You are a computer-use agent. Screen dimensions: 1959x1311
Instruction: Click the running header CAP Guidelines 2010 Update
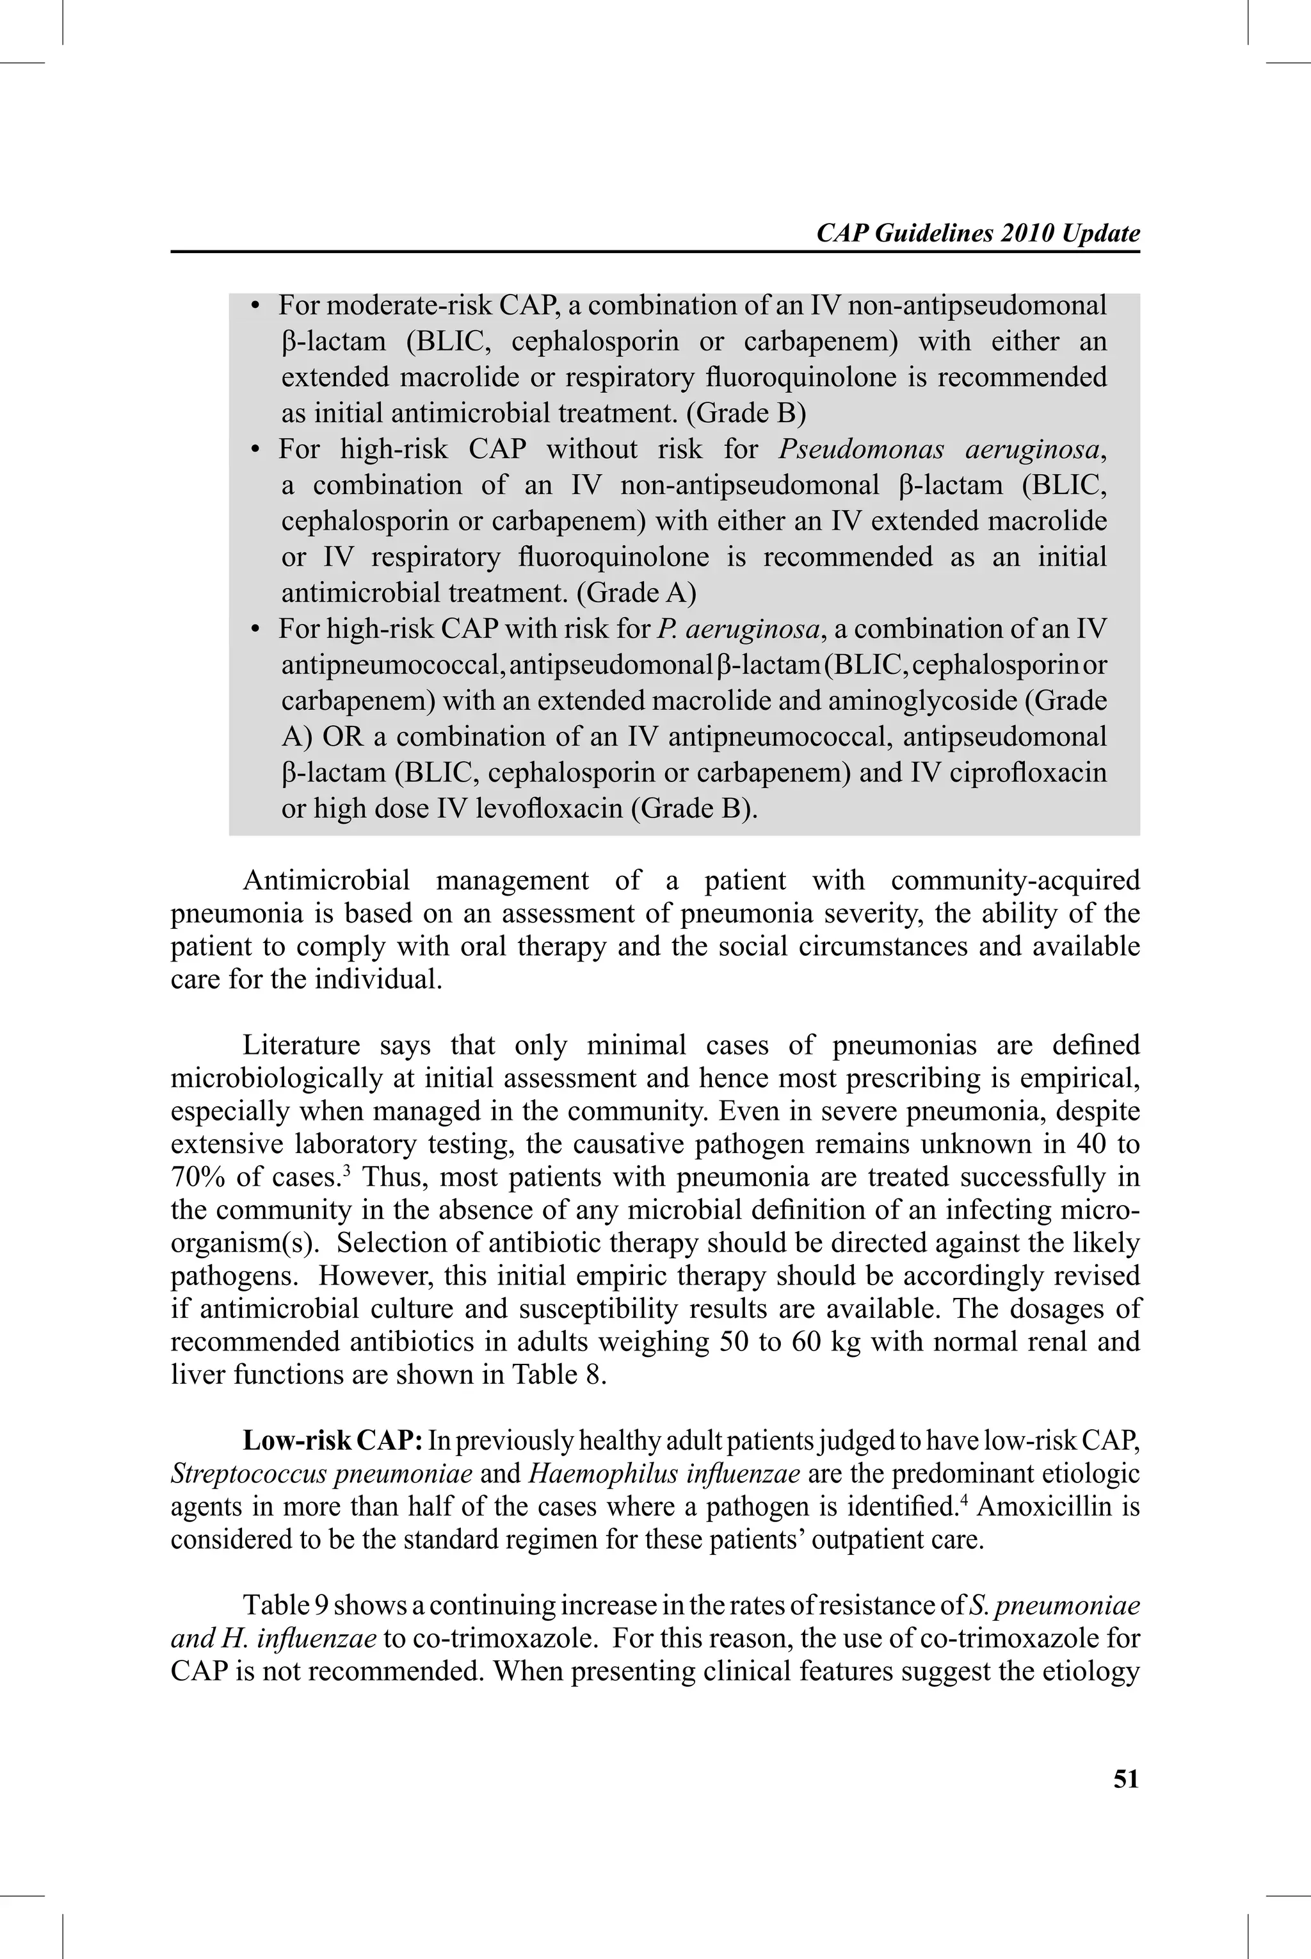click(977, 233)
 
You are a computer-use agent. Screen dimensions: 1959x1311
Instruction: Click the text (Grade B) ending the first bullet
click(750, 413)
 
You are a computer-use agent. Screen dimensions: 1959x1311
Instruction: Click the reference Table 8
click(559, 1375)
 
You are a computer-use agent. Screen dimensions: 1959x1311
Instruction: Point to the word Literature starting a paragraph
click(300, 1045)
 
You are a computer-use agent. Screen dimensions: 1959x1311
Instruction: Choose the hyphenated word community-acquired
click(1015, 881)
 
